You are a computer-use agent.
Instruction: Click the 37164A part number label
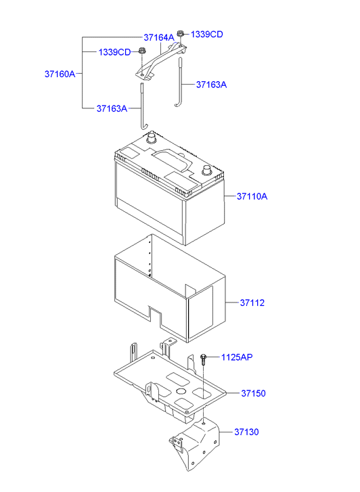click(x=158, y=37)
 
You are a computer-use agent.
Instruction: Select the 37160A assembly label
click(x=60, y=73)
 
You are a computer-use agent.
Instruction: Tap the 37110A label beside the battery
click(x=252, y=197)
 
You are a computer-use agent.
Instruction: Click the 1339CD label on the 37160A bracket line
click(x=114, y=51)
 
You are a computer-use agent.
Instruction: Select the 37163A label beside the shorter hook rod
click(x=211, y=85)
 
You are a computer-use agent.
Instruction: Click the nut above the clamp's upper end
click(x=181, y=34)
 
